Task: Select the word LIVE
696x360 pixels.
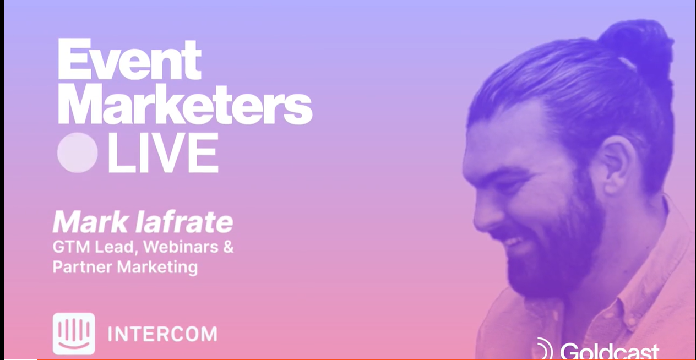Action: pyautogui.click(x=163, y=152)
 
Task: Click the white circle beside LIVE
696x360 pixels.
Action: pyautogui.click(x=78, y=152)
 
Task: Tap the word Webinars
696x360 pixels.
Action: pyautogui.click(x=181, y=247)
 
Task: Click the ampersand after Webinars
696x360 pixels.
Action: pyautogui.click(x=228, y=247)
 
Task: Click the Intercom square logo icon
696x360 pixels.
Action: pyautogui.click(x=74, y=334)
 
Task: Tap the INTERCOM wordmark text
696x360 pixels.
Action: pyautogui.click(x=162, y=334)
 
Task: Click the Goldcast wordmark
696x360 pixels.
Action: pyautogui.click(x=609, y=351)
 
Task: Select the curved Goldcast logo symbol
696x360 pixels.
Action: pyautogui.click(x=543, y=349)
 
